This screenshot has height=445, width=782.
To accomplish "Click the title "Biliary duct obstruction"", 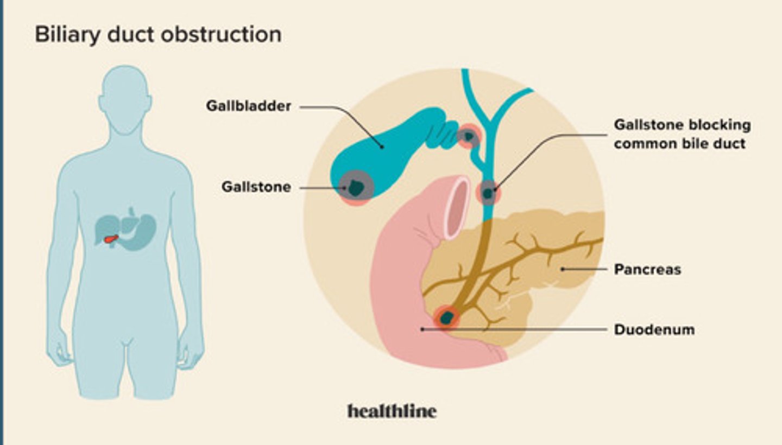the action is [158, 35].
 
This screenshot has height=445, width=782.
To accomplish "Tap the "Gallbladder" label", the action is [248, 106].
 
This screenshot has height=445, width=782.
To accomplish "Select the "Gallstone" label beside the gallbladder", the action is [256, 187].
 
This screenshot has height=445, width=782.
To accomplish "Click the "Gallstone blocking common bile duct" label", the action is [682, 134].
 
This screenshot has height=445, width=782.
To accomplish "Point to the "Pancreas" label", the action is [647, 269].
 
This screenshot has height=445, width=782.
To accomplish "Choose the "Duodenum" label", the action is [654, 329].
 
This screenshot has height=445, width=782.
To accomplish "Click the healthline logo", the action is [392, 411].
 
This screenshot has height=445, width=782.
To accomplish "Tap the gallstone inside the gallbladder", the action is [356, 188].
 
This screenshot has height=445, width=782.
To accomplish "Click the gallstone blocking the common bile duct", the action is [488, 193].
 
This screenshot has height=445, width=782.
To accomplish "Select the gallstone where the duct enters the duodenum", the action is [447, 318].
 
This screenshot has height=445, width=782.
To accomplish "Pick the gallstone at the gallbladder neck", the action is [468, 136].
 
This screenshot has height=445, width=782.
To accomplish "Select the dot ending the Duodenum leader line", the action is [422, 329].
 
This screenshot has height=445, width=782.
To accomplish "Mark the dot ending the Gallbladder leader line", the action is [382, 146].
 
